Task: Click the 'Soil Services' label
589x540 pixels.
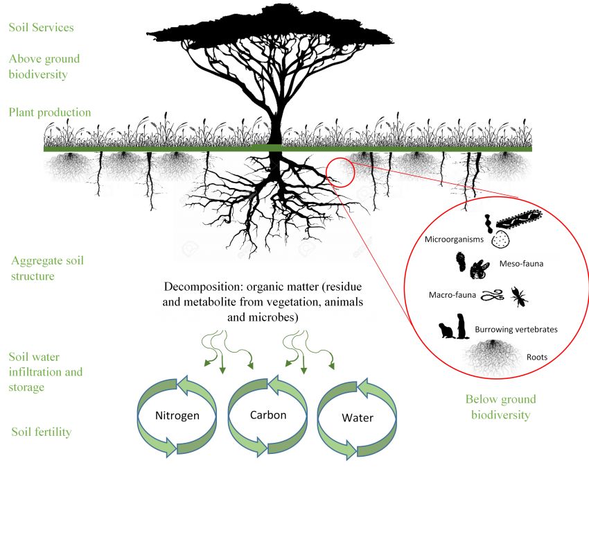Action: [x=41, y=28]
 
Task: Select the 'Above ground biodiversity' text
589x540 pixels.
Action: [x=44, y=66]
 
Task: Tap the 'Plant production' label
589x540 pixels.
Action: [x=50, y=112]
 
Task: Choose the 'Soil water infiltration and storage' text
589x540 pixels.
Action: [x=46, y=372]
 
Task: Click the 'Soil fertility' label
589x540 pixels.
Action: [x=42, y=432]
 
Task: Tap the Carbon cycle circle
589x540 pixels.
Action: [x=267, y=416]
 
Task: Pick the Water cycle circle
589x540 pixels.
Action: [x=358, y=418]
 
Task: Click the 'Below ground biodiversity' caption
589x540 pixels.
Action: [x=501, y=407]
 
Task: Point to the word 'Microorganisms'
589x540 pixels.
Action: [x=454, y=239]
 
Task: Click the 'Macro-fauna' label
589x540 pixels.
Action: [x=452, y=294]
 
